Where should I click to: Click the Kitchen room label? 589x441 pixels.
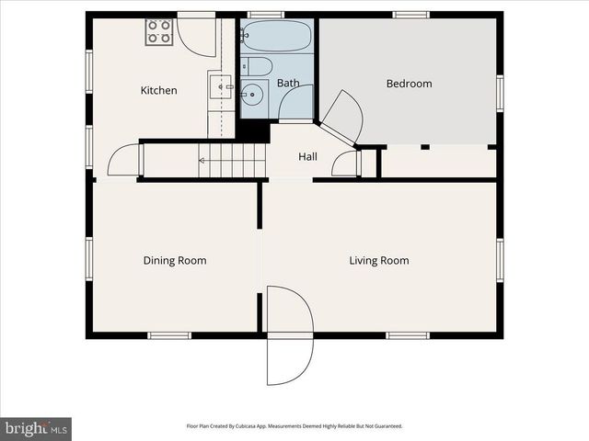pos(158,90)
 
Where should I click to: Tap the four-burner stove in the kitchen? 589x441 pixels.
pos(159,32)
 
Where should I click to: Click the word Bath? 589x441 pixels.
pos(288,84)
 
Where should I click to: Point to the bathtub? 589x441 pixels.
pos(276,37)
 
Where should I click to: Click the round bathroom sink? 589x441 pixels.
pos(252,94)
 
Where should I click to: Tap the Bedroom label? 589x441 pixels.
pos(409,84)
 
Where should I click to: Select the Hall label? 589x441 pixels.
pos(307,157)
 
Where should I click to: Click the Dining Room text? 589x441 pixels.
pos(175,260)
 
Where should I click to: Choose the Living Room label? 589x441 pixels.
pos(378,260)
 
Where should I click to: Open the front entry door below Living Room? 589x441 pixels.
pos(289,335)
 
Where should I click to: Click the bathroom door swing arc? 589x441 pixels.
pos(296,101)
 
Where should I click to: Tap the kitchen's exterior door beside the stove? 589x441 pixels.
pos(196,33)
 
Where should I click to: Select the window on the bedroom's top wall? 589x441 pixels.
pos(410,15)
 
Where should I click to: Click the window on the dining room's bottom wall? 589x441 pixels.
pos(169,335)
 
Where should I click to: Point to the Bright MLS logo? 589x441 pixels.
pos(36,428)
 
